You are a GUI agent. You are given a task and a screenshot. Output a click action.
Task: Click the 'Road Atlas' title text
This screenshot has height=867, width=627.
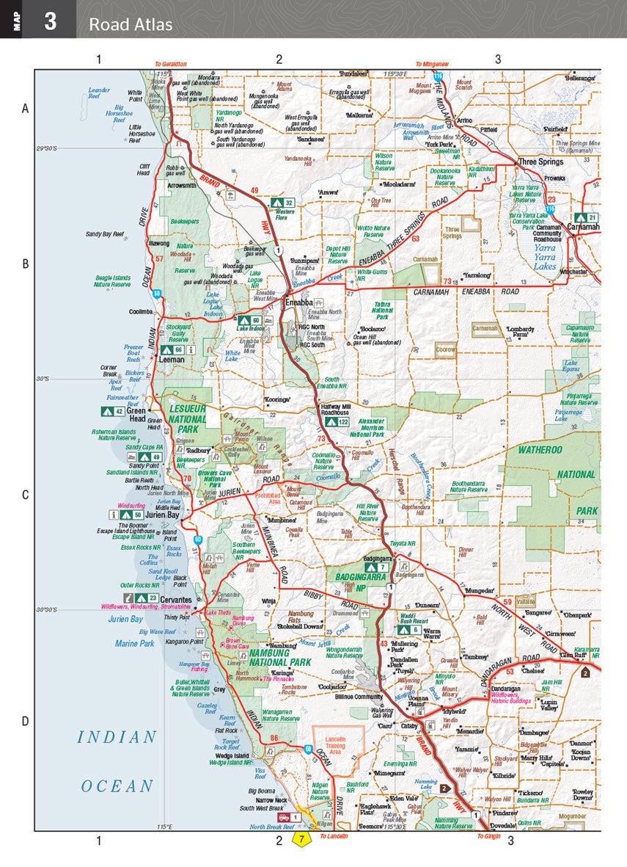tap(131, 24)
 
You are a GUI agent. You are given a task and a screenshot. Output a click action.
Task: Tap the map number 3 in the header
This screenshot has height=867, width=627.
tap(50, 21)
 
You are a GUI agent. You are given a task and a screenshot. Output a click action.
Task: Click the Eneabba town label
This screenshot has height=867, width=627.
tap(301, 301)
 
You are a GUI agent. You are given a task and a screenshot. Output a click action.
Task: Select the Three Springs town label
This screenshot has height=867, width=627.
tap(540, 162)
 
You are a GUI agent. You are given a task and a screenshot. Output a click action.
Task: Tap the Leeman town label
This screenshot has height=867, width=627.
tap(172, 360)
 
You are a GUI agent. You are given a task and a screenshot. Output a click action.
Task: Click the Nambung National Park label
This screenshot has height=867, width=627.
tap(280, 657)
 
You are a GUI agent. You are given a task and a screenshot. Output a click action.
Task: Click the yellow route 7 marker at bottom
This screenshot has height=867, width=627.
tap(301, 838)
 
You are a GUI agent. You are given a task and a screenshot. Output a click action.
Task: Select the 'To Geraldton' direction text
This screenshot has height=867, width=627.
tap(170, 65)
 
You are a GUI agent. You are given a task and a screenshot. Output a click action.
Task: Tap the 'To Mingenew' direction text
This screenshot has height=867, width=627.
tap(432, 65)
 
